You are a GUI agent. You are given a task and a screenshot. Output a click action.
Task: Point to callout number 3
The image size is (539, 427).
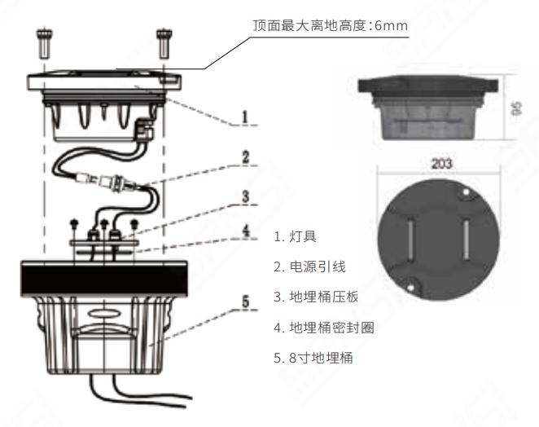coord(244,197)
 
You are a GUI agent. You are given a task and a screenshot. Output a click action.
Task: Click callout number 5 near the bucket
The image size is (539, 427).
coord(244,301)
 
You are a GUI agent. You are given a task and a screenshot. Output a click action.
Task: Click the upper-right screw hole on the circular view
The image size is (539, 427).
coord(467,193)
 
